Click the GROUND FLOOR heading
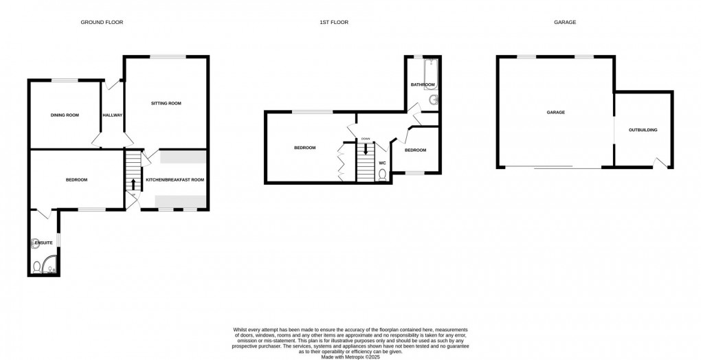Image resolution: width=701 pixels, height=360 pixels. (102, 23)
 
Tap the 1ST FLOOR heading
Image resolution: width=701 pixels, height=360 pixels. (334, 23)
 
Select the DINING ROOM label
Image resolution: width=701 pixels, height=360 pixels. (65, 115)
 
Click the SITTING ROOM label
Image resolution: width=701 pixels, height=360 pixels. (166, 103)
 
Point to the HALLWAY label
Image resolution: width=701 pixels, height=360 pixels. (112, 115)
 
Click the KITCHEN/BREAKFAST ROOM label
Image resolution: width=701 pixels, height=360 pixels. (175, 180)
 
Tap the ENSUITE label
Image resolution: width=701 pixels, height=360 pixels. (43, 243)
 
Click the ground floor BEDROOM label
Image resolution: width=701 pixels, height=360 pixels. (76, 180)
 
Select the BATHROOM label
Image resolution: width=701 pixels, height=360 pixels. (423, 85)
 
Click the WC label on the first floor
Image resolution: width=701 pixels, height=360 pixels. (382, 163)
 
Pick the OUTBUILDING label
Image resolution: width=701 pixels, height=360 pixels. (643, 130)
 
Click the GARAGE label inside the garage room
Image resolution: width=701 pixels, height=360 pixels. (555, 112)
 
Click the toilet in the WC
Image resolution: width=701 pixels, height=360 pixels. (383, 175)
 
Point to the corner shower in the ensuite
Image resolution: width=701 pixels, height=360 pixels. (50, 265)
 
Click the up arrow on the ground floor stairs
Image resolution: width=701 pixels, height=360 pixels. (133, 183)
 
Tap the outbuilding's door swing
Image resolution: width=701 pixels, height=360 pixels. (661, 162)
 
